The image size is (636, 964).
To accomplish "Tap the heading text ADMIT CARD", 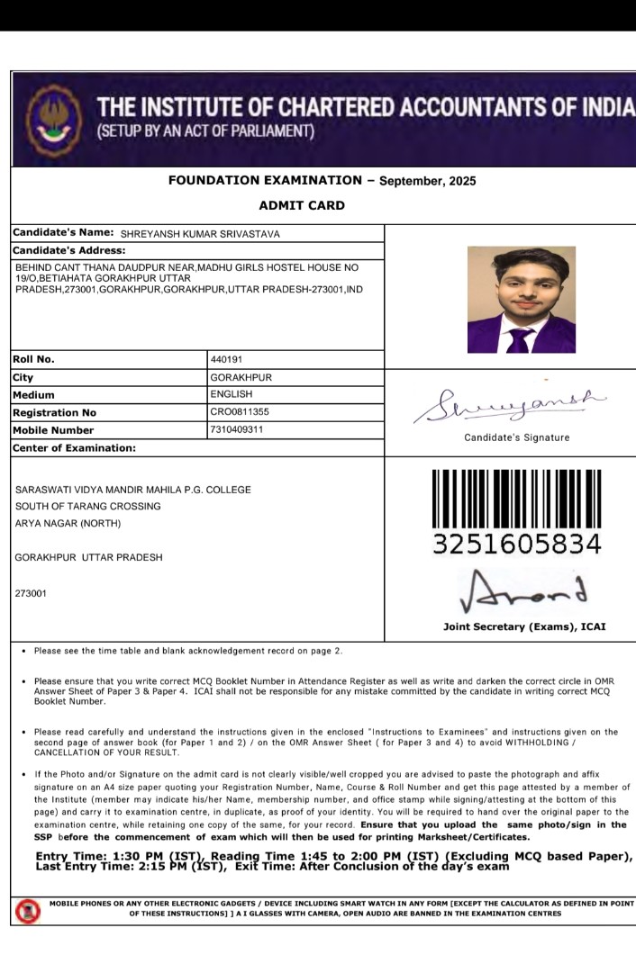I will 301,205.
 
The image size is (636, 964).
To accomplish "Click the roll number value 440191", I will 226,360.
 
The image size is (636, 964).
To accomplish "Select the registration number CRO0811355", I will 239,412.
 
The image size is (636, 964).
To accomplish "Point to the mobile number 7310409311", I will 237,429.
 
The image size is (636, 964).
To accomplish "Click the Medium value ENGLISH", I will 231,394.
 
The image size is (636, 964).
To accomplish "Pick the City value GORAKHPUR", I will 241,377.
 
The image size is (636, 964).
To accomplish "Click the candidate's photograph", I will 521,300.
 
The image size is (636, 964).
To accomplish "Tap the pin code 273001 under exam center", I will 31,593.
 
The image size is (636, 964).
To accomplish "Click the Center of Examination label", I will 74,447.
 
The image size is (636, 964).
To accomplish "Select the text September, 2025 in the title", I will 428,181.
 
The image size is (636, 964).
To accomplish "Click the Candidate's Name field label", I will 63,233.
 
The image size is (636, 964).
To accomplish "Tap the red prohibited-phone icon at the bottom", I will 27,911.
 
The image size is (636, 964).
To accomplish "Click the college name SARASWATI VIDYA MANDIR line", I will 133,490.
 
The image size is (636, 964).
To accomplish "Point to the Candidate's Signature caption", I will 516,437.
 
